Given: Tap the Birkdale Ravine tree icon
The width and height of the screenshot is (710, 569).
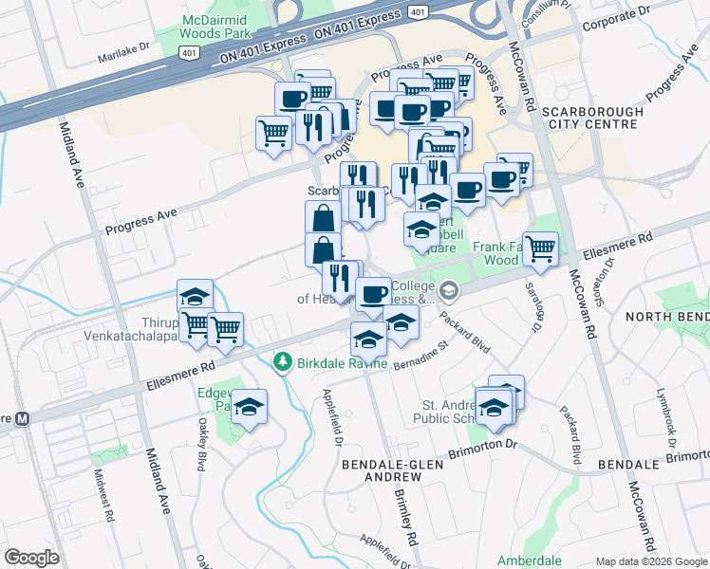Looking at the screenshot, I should [282, 361].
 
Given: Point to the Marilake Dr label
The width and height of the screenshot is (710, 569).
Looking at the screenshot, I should [124, 54].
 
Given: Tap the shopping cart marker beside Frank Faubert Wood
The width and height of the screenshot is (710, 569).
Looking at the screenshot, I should [540, 248].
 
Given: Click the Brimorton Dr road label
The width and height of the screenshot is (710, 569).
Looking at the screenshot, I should [484, 444].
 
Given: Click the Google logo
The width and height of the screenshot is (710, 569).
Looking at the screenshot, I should [32, 558].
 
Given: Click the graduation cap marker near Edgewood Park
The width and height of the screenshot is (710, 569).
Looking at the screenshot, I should [250, 407].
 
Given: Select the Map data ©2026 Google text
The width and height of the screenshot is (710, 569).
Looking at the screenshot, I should [650, 560].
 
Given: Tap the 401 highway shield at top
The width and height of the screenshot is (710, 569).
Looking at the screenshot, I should [418, 10].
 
